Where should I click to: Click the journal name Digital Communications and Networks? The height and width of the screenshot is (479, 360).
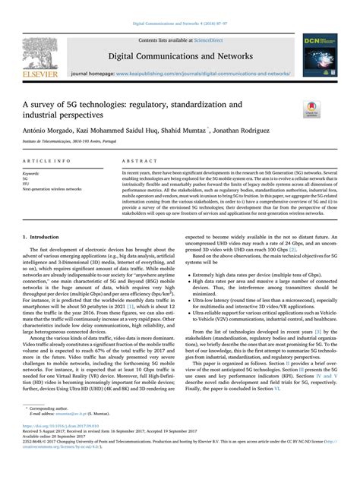[180, 56]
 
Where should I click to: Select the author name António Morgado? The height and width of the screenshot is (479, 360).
[48, 131]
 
